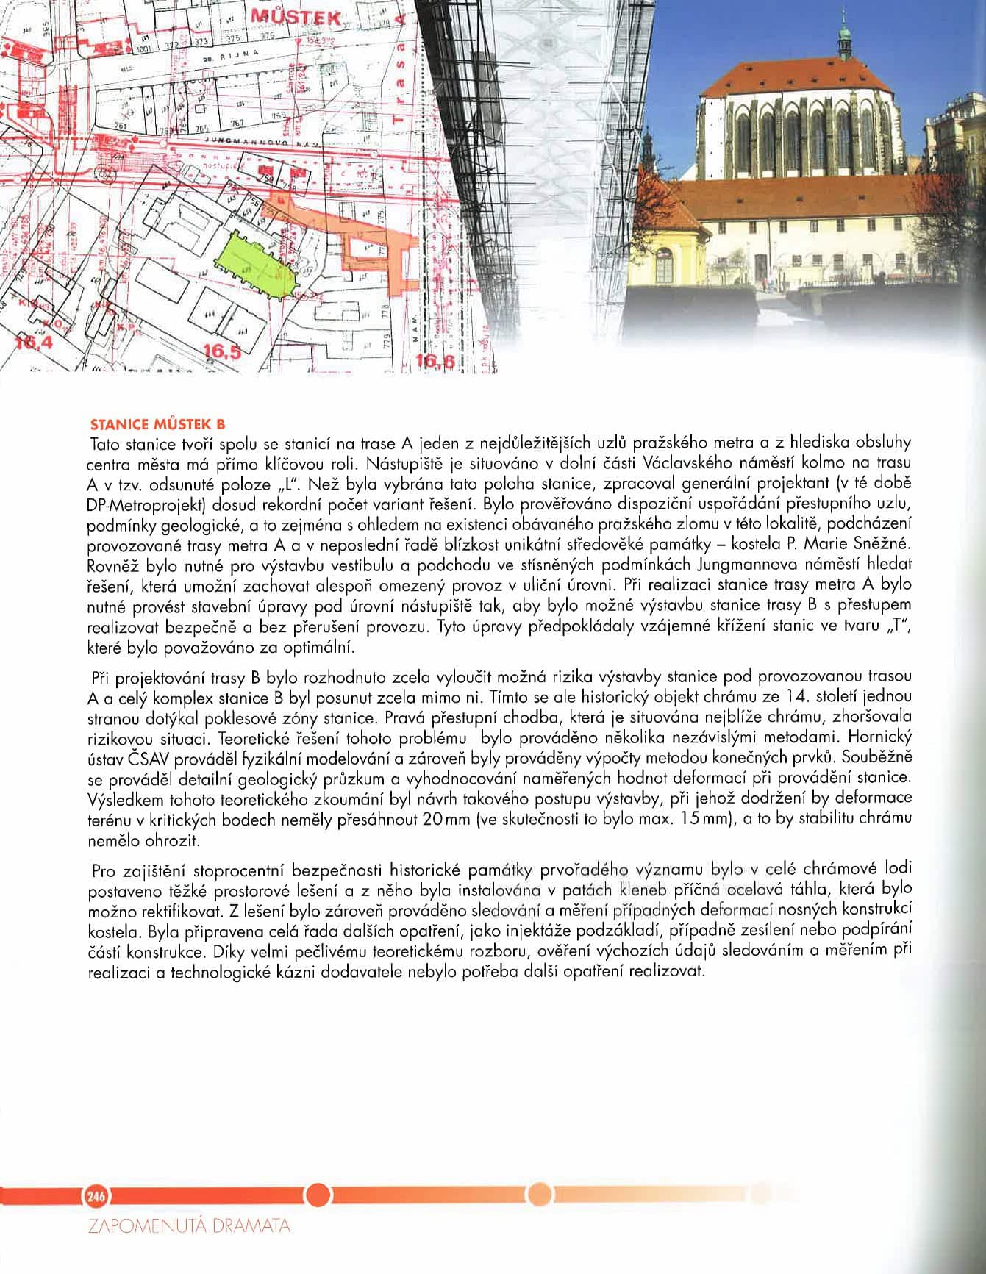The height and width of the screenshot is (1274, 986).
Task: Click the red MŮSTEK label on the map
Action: [x=295, y=17]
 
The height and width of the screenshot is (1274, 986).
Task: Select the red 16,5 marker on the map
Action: [x=223, y=351]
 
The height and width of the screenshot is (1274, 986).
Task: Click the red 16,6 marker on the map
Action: [x=435, y=360]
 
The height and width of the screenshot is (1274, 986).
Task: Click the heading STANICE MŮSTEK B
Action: [x=156, y=424]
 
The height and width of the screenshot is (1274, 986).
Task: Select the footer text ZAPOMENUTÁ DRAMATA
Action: [x=188, y=1226]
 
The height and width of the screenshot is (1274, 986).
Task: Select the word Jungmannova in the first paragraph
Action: [x=739, y=565]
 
